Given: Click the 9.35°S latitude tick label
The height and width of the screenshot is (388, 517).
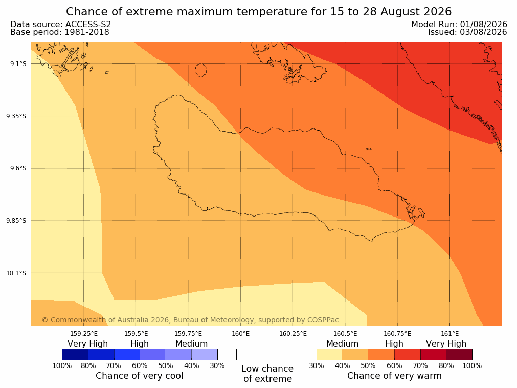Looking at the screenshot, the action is [x=16, y=116].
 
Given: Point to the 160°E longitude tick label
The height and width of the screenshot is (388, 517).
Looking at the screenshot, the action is [x=240, y=334].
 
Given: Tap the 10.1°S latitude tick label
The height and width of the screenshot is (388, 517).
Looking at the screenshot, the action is [x=16, y=273].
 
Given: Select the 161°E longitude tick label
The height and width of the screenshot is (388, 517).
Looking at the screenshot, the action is [x=449, y=334].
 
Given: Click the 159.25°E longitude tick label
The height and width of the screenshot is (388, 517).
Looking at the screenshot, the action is [x=84, y=334].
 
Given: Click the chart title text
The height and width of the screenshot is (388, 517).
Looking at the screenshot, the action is [x=259, y=12].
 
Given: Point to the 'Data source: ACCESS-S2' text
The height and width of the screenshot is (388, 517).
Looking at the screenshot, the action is [x=61, y=25].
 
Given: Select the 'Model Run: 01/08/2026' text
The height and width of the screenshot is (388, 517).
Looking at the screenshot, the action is [x=459, y=25].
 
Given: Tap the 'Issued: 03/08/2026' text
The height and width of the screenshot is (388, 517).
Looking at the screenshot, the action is [x=467, y=32].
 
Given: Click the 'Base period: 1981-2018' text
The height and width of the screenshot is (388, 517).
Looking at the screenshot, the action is [x=60, y=32].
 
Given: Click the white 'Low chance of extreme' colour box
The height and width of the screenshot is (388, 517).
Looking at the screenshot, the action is [x=268, y=354].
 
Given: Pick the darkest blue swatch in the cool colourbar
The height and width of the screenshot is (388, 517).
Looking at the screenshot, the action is [x=75, y=354].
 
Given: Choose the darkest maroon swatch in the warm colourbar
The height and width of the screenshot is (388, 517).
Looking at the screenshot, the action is [x=459, y=354].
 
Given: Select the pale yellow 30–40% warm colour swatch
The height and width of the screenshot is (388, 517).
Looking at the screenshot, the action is [x=330, y=354].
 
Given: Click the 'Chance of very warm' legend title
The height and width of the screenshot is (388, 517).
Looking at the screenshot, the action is [x=394, y=376].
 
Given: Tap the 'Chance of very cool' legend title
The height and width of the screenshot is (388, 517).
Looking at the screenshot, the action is [x=140, y=376].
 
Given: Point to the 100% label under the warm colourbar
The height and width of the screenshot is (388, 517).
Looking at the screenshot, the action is [x=472, y=365].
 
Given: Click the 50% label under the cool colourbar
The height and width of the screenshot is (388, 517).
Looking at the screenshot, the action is [x=166, y=365].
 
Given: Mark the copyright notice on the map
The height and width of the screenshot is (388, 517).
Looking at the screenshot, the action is [x=190, y=320].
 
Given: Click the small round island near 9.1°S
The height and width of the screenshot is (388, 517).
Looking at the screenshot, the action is [x=201, y=70].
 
